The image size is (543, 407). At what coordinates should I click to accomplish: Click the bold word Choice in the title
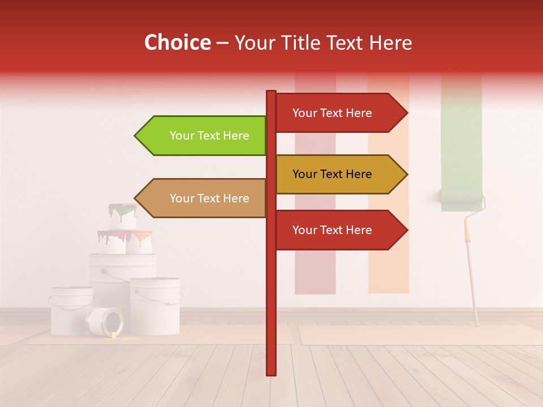point(177,43)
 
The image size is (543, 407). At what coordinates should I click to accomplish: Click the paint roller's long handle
point(472,277)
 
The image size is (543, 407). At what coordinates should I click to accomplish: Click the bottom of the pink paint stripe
point(315,285)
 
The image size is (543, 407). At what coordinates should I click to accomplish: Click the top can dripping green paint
point(123,217)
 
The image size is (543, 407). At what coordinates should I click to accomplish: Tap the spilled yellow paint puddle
point(122,338)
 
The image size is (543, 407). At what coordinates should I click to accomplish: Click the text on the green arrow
point(209,136)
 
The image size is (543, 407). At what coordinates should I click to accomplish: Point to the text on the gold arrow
point(332,174)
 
